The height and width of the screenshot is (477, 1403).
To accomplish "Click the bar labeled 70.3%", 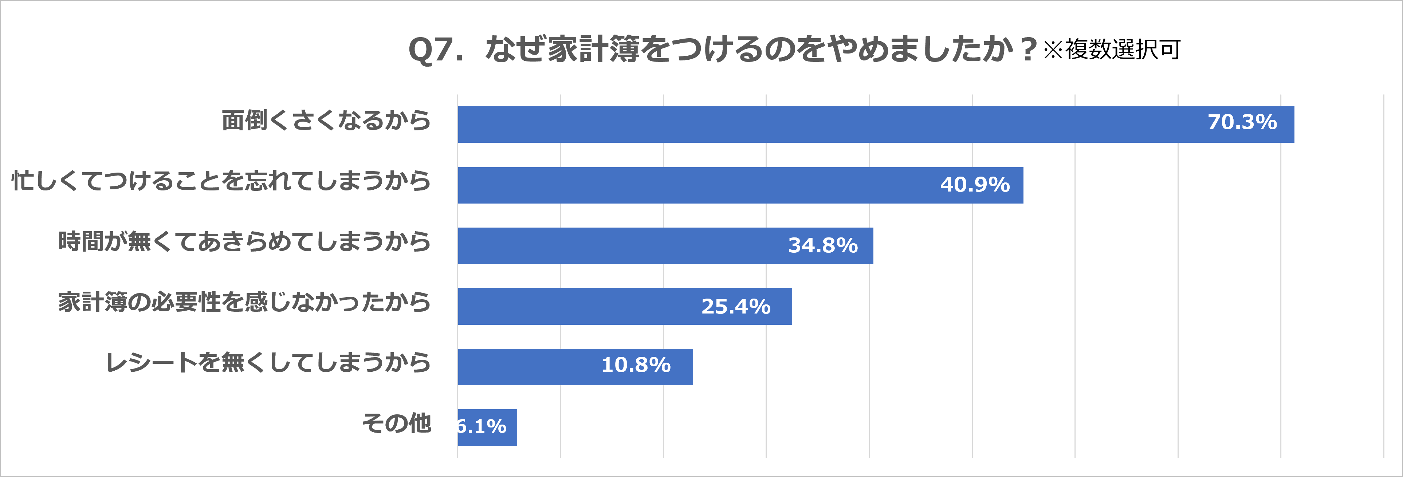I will [x=817, y=125].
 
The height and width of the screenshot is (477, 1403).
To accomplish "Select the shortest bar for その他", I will [x=487, y=427].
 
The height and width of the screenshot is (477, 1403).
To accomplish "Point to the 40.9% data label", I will [x=975, y=185].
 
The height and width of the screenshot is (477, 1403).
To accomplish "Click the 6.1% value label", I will [x=483, y=426].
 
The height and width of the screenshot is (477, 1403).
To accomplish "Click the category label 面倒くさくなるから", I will [x=326, y=120].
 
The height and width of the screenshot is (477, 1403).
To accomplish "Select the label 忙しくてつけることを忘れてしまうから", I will [x=221, y=181].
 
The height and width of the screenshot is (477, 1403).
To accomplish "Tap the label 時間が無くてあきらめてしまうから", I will [x=244, y=241].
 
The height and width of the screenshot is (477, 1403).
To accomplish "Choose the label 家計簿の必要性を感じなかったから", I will [x=244, y=301].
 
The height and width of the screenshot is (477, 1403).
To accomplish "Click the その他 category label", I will [x=397, y=423].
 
